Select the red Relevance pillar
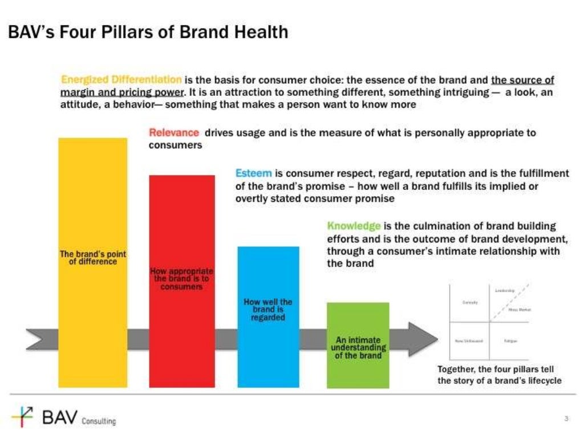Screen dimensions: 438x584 click(x=182, y=228)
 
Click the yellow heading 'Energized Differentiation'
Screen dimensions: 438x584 click(x=121, y=80)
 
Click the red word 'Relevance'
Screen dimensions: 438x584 click(x=174, y=133)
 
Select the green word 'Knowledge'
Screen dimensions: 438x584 click(x=354, y=226)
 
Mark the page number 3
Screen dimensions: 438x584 click(x=566, y=419)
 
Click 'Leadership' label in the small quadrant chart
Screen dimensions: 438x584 click(x=505, y=291)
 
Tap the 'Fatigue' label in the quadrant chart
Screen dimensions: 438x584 click(x=510, y=341)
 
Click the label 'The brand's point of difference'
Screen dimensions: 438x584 click(x=92, y=258)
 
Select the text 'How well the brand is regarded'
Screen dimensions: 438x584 click(x=267, y=310)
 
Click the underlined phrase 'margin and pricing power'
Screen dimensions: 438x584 click(x=121, y=92)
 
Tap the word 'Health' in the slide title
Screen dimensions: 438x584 click(x=261, y=32)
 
